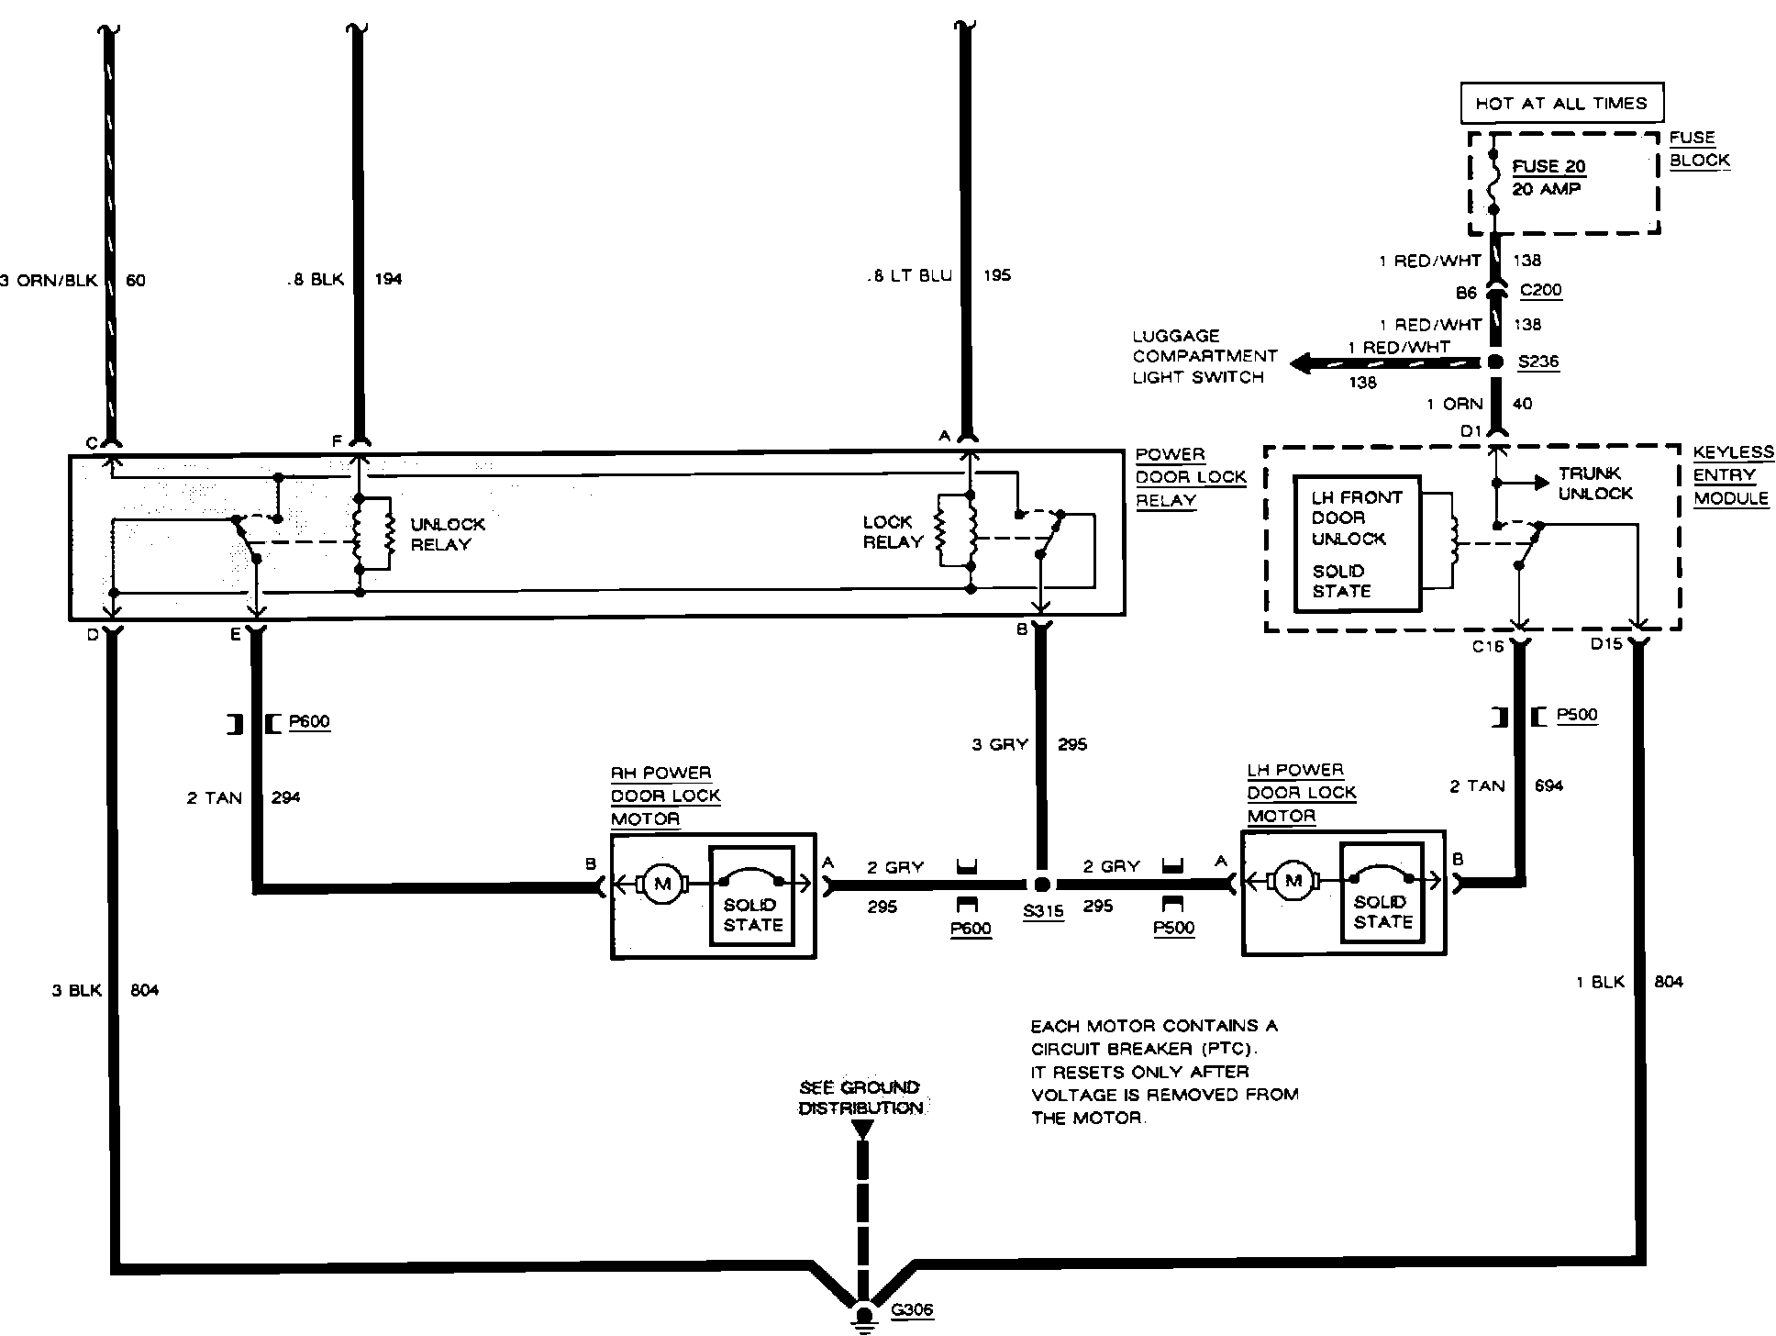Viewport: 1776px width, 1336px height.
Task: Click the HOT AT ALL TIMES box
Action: pyautogui.click(x=1561, y=104)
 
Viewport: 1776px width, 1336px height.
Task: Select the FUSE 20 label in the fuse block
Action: pyautogui.click(x=1548, y=166)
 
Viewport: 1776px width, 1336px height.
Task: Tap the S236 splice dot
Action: pyautogui.click(x=1495, y=362)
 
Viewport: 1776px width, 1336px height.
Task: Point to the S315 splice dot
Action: pyautogui.click(x=1041, y=885)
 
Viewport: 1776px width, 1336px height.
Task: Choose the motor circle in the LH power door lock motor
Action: pyautogui.click(x=1293, y=882)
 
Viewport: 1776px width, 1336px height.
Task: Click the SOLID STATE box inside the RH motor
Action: pyautogui.click(x=751, y=896)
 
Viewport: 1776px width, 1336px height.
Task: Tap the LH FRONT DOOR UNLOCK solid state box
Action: pyautogui.click(x=1357, y=544)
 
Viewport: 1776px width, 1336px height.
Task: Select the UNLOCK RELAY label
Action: pyautogui.click(x=448, y=534)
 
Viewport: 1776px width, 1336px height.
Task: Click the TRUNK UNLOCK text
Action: pyautogui.click(x=1595, y=484)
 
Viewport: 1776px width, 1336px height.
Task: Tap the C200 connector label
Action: pyautogui.click(x=1540, y=291)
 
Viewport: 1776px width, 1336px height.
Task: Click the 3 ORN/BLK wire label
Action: pyautogui.click(x=49, y=281)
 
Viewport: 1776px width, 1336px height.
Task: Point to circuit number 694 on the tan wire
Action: pyautogui.click(x=1548, y=785)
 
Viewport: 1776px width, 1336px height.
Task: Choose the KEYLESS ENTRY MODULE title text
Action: pyautogui.click(x=1733, y=475)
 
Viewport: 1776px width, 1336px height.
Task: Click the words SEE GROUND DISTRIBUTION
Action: pyautogui.click(x=860, y=1097)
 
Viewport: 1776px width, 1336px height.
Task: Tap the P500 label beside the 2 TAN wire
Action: pyautogui.click(x=1577, y=716)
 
